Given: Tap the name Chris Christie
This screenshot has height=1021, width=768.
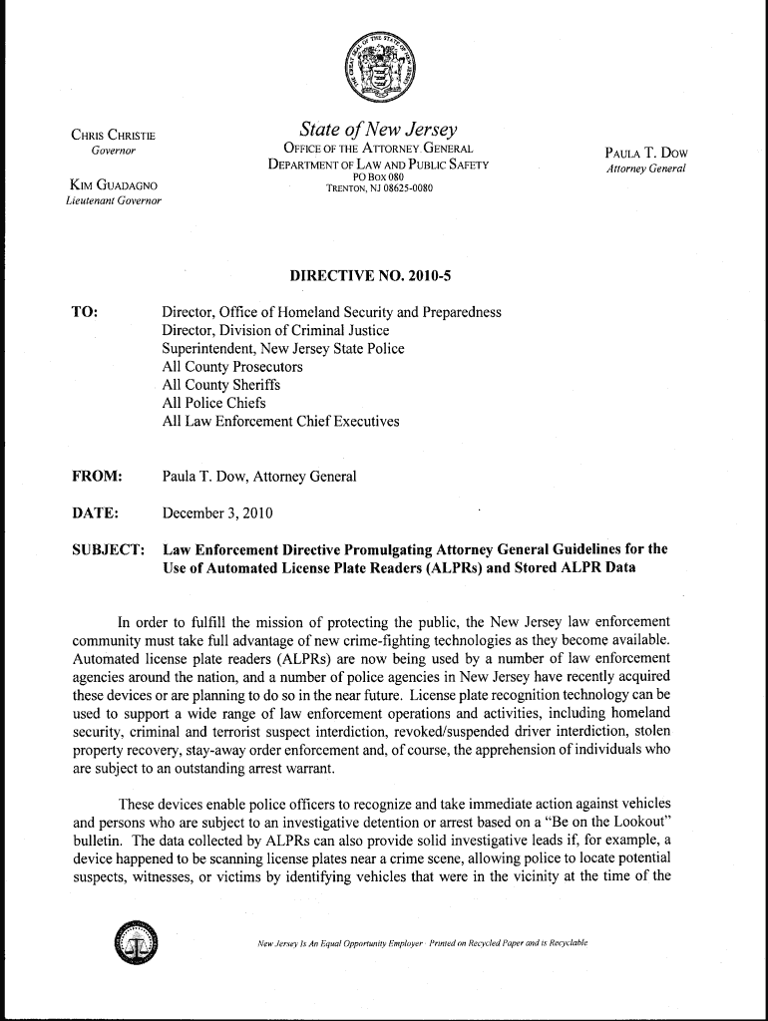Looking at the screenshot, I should coord(112,136).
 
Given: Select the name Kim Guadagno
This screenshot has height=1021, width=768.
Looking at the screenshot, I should coord(112,185).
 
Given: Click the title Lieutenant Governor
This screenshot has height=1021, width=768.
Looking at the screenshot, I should coord(112,201).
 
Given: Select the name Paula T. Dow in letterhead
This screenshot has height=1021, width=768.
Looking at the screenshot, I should coord(646,153).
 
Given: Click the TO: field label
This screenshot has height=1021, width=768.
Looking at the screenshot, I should coord(85,312).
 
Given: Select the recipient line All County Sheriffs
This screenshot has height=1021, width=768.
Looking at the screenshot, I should coord(221,385).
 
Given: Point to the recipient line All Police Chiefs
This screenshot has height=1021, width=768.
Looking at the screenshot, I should coord(213,403).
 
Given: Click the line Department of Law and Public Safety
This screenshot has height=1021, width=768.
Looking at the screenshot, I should coord(378,165).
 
